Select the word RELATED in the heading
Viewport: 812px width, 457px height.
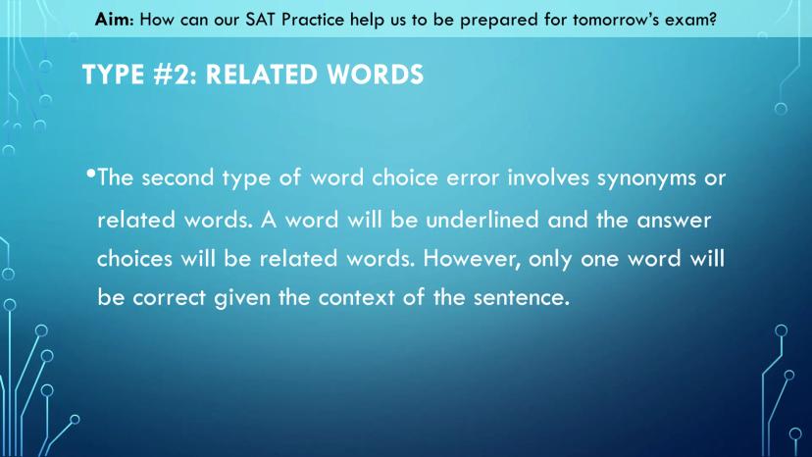pos(262,75)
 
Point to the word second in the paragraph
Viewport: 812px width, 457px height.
pos(178,178)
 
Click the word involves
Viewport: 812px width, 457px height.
pos(548,178)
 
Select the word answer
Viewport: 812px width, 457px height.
pos(674,221)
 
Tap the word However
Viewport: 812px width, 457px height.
pos(473,259)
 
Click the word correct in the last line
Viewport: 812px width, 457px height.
pos(170,298)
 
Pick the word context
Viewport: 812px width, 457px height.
pos(356,298)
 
